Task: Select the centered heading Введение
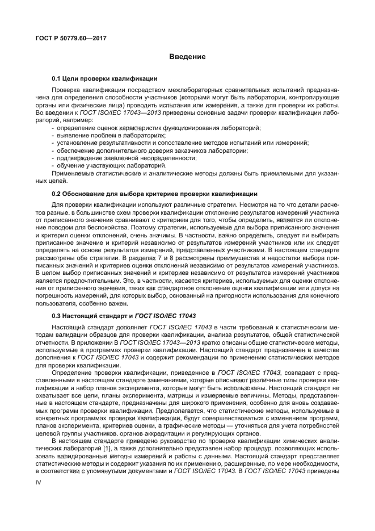(x=187, y=57)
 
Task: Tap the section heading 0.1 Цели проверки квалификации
(x=104, y=78)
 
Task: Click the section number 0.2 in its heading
(x=56, y=194)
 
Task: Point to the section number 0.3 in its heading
(x=56, y=315)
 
